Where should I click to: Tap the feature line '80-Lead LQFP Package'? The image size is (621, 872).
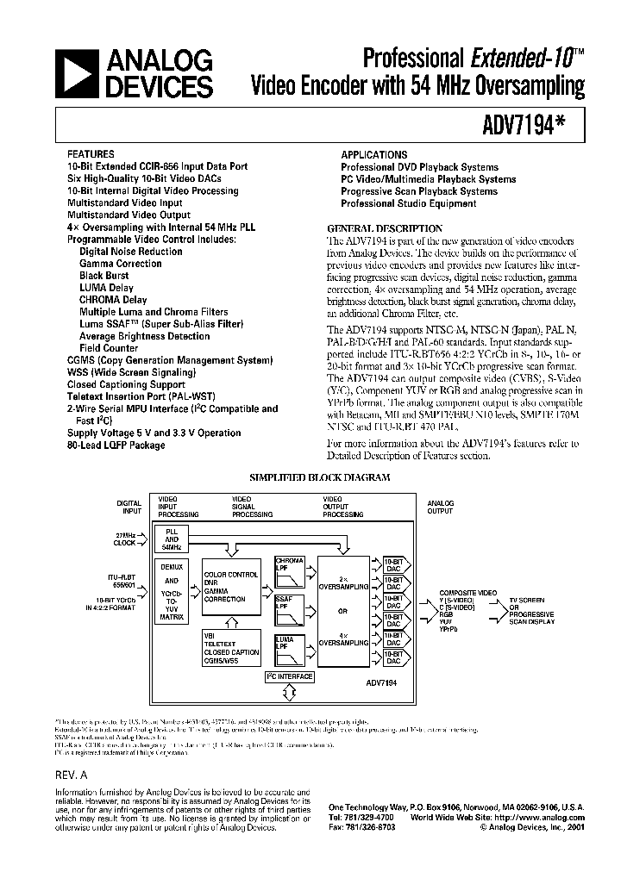[116, 445]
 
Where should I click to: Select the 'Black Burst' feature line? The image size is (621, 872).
[104, 276]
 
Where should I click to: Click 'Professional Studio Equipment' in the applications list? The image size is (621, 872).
[408, 203]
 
